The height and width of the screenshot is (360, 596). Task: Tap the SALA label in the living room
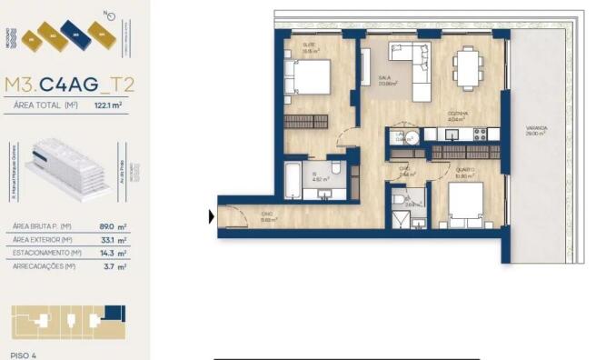pyautogui.click(x=384, y=79)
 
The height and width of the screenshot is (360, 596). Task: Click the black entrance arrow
pyautogui.click(x=212, y=216)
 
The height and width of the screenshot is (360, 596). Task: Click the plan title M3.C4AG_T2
pyautogui.click(x=69, y=85)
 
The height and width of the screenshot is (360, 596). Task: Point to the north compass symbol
pyautogui.click(x=110, y=15)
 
